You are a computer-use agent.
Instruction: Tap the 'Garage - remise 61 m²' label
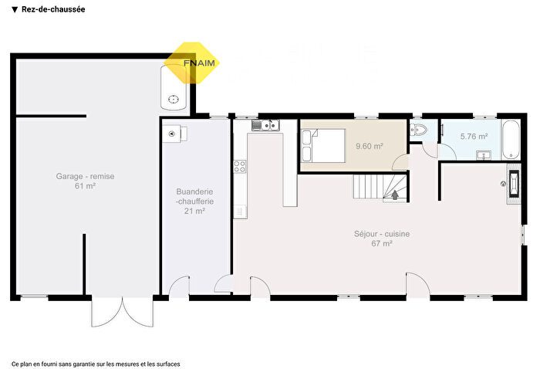coord(85,181)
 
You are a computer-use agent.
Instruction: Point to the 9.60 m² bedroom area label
coord(368,145)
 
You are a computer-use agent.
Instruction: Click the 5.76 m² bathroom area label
coord(473,137)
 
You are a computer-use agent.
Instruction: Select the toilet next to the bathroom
coord(418,129)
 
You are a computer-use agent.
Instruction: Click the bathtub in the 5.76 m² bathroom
coord(510,138)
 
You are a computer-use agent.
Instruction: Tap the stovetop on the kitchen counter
coord(239,164)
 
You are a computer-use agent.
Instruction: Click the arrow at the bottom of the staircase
coord(396,195)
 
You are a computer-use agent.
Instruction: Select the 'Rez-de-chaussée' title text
coord(53,10)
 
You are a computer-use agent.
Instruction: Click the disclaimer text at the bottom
coord(96,362)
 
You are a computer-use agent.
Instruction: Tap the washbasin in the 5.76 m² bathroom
coord(484,155)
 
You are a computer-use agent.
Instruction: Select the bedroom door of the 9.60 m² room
coord(401,164)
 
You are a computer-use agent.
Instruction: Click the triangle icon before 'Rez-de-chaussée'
coord(15,10)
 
